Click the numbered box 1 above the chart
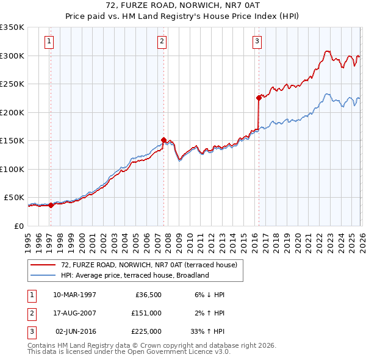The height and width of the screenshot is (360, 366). [x=49, y=41]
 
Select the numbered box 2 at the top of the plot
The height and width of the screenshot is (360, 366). [x=162, y=41]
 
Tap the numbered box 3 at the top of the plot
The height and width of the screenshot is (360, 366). [x=257, y=41]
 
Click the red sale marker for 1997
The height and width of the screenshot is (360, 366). [x=51, y=205]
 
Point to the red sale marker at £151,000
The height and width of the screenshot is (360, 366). [x=163, y=140]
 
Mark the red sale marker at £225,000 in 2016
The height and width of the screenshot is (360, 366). [x=259, y=98]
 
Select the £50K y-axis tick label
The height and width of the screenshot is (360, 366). [x=14, y=198]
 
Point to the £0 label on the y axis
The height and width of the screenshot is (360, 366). [x=18, y=226]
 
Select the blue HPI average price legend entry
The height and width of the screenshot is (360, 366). [x=134, y=275]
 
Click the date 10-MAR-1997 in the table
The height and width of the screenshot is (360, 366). [x=74, y=295]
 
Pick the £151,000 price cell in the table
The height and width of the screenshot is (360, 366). [x=146, y=313]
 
